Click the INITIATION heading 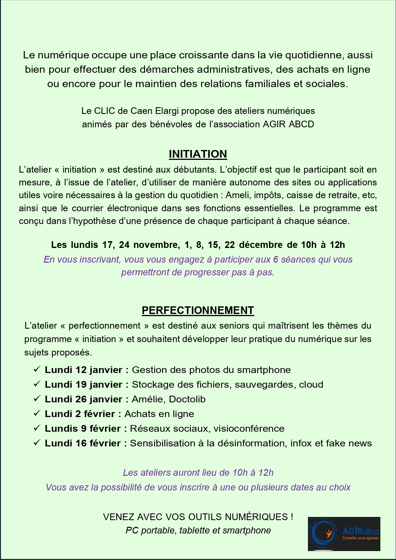click(198, 154)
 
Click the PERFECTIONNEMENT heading click(198, 310)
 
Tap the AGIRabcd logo click(344, 534)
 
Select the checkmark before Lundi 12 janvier click(37, 369)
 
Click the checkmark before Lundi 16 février click(37, 443)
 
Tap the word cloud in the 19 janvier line click(311, 385)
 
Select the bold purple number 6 click(276, 259)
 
